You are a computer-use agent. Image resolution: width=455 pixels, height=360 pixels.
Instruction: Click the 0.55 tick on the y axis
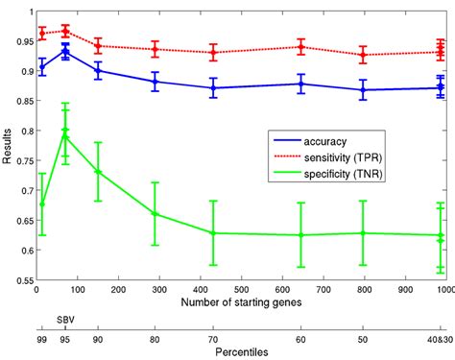point(18,280)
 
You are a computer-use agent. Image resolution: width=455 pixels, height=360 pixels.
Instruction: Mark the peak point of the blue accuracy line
point(65,51)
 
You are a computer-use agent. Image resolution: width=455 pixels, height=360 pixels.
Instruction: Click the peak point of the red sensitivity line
point(65,31)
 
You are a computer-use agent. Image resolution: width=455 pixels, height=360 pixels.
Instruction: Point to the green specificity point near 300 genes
point(155,213)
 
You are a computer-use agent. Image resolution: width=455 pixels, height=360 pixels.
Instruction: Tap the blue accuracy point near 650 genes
point(301,84)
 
